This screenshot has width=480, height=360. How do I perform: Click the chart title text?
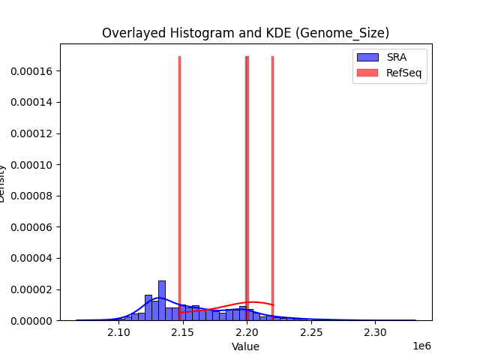[x=245, y=33]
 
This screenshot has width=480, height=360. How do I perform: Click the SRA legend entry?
[x=397, y=57]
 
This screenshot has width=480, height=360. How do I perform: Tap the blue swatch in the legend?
[x=367, y=57]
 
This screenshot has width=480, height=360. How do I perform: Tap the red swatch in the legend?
[x=367, y=72]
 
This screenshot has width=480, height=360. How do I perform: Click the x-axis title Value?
[x=245, y=346]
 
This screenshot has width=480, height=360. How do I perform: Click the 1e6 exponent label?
[x=421, y=346]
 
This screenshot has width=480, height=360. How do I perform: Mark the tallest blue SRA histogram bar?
[x=161, y=301]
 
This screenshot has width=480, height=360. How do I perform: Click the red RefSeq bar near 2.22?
[x=272, y=187]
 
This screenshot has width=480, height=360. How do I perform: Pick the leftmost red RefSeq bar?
[x=179, y=187]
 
